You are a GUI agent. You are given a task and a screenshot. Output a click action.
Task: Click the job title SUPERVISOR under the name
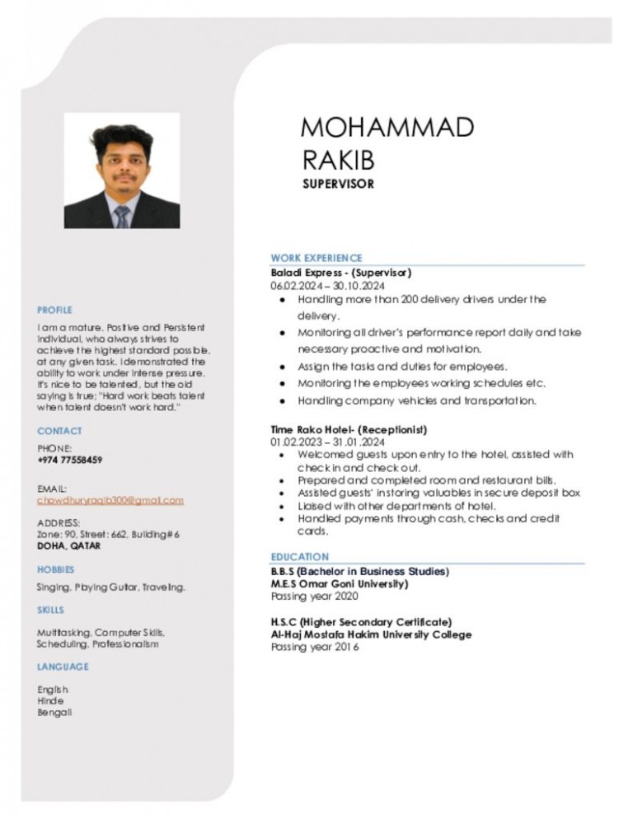click(338, 184)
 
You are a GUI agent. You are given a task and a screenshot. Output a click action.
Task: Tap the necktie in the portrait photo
click(122, 217)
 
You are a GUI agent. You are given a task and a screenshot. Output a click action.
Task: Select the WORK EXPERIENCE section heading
click(316, 258)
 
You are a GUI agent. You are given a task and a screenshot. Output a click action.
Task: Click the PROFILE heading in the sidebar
click(54, 310)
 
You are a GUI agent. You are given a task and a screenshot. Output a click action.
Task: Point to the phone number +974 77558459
click(70, 460)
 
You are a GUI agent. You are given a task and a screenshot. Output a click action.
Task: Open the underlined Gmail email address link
click(110, 500)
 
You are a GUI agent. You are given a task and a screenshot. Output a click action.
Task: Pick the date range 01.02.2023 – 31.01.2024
click(321, 442)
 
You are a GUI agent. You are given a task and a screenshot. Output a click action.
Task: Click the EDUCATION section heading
click(300, 557)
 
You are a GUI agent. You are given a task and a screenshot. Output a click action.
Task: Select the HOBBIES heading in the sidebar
click(55, 569)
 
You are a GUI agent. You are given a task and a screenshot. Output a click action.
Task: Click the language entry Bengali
click(54, 712)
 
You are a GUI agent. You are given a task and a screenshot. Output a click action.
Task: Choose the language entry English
click(53, 689)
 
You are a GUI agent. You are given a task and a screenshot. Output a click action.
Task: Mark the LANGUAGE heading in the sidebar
click(63, 666)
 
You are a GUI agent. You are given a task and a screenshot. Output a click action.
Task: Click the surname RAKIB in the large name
click(339, 157)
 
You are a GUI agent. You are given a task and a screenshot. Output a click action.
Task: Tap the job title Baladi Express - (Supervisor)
click(341, 272)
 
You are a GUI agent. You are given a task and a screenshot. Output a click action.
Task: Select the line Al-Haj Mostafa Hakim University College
click(371, 634)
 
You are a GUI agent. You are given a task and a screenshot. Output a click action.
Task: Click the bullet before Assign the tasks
click(282, 367)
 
